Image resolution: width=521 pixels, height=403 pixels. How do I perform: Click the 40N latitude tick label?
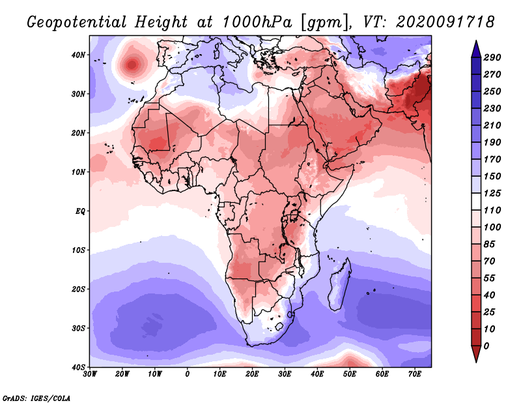[78, 55]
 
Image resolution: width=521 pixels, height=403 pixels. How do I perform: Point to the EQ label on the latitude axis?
[80, 211]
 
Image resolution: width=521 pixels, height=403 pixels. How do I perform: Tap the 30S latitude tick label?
[78, 329]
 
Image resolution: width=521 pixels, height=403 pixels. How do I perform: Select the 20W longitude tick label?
[122, 374]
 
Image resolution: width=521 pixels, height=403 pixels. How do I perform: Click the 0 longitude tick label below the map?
[188, 374]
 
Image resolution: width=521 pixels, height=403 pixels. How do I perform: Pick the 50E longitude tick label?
[350, 374]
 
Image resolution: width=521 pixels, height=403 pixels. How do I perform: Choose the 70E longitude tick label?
[414, 374]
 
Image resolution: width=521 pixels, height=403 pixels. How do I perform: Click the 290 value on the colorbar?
[492, 57]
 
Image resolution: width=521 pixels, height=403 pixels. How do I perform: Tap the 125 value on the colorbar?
[492, 193]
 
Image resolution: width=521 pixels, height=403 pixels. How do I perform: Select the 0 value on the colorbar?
[486, 346]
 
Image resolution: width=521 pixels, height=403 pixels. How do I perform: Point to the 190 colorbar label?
[492, 142]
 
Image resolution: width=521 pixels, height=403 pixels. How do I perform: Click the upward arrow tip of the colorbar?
[476, 41]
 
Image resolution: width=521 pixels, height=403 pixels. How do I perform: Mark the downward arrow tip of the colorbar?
[476, 362]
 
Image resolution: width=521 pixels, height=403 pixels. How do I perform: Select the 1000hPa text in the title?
[257, 22]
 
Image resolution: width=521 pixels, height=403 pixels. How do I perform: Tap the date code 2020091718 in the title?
[445, 22]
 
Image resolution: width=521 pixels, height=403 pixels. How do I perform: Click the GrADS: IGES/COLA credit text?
[36, 398]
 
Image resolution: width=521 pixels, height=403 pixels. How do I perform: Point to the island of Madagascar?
[339, 284]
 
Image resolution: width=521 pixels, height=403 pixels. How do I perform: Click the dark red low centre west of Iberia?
[132, 64]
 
